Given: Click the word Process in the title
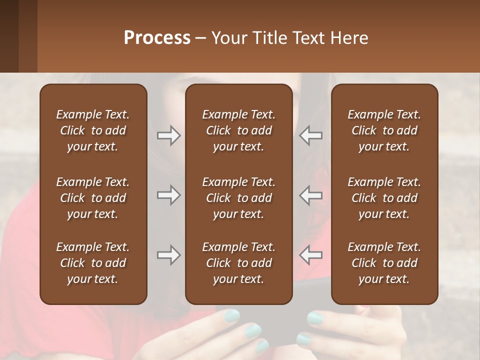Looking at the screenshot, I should pyautogui.click(x=157, y=38).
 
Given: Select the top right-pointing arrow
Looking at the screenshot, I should pyautogui.click(x=168, y=135).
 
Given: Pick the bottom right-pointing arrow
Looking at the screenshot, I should pyautogui.click(x=168, y=255).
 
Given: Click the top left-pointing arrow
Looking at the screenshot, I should pyautogui.click(x=311, y=135).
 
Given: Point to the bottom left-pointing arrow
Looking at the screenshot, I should pyautogui.click(x=311, y=255).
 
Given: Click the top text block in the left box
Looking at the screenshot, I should pyautogui.click(x=93, y=130).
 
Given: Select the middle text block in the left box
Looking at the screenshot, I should pyautogui.click(x=93, y=198).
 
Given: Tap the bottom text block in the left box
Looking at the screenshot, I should pyautogui.click(x=93, y=263).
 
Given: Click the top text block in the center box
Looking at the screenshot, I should pyautogui.click(x=238, y=130).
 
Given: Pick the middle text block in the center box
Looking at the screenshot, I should pyautogui.click(x=238, y=198).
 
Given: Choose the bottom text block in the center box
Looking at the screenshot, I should pyautogui.click(x=238, y=263).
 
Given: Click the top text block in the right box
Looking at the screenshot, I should pyautogui.click(x=384, y=130).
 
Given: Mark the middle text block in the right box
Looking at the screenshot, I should pyautogui.click(x=384, y=198).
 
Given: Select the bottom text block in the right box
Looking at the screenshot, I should pyautogui.click(x=384, y=263).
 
